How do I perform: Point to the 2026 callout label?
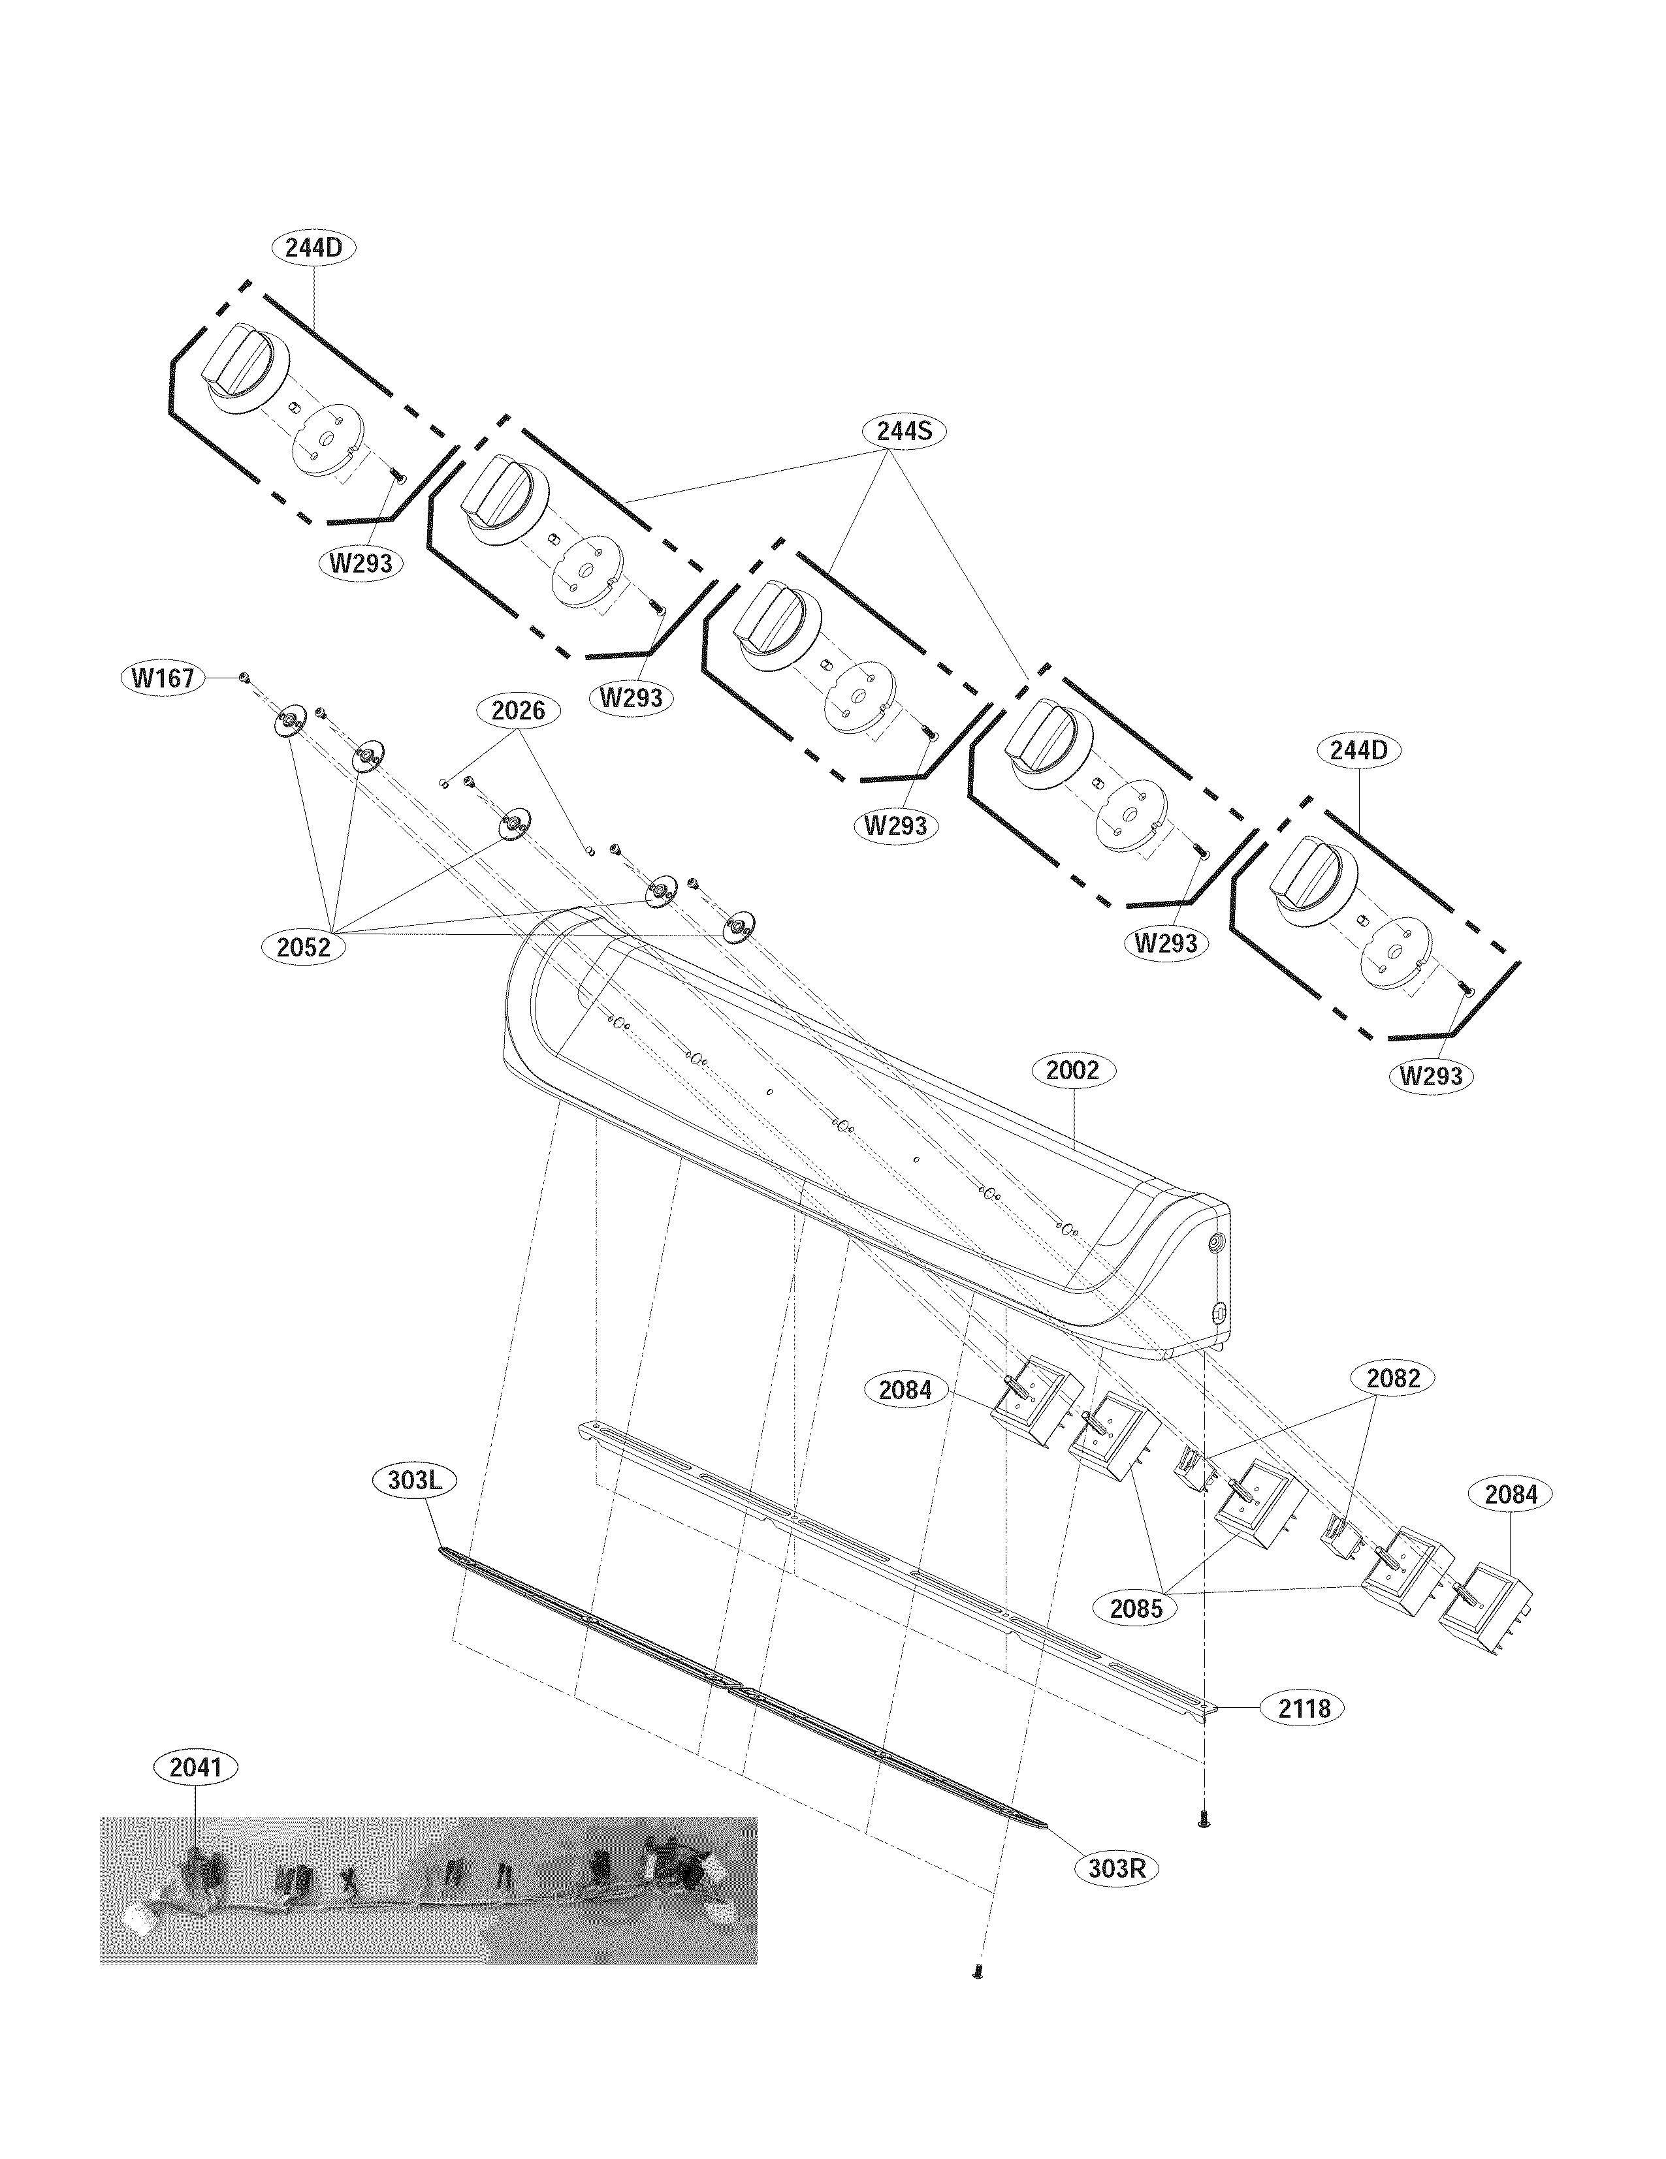tap(518, 710)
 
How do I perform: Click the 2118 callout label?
tap(1303, 1707)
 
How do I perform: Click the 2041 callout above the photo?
tap(196, 1767)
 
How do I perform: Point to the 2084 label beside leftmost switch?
tap(905, 1389)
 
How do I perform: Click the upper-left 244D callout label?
tap(313, 247)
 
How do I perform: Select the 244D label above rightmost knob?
tap(1358, 749)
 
